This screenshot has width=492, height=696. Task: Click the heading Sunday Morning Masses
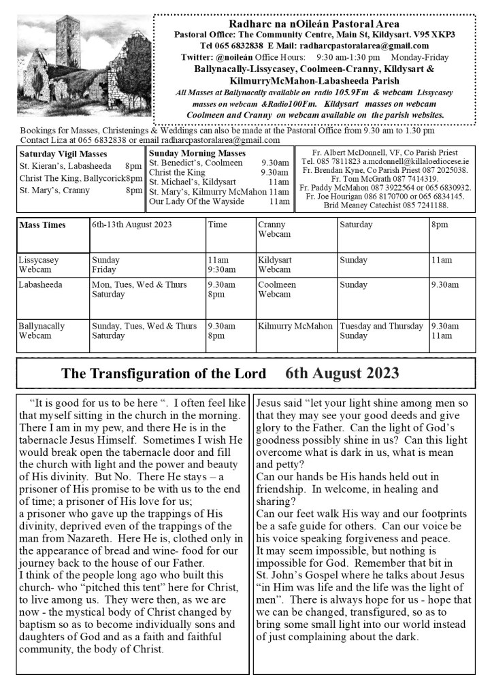pos(193,154)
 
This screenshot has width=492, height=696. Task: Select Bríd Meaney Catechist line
pos(386,205)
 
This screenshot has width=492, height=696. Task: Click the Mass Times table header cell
pos(42,225)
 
